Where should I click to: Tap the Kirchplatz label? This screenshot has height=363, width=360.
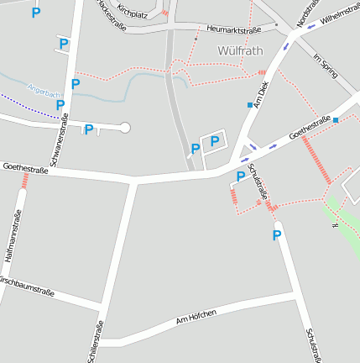point(133,12)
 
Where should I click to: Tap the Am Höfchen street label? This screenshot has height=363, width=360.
point(196,317)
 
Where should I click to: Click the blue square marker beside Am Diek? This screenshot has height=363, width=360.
point(250,104)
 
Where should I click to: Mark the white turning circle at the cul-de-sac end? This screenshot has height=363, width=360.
point(125,128)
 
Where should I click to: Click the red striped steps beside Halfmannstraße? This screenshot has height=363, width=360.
point(24,180)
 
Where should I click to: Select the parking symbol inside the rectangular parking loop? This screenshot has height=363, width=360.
point(214,141)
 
